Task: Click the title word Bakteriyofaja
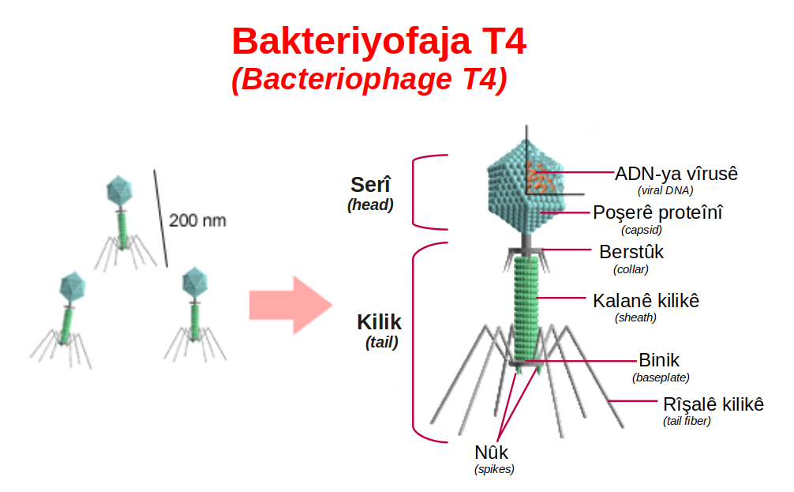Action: [x=352, y=43]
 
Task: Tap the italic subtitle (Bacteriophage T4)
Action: [x=369, y=79]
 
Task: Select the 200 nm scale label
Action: [x=197, y=220]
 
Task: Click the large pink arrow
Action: [x=290, y=305]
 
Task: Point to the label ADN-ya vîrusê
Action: [x=676, y=174]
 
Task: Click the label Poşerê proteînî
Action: [x=657, y=212]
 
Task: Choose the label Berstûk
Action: [x=631, y=252]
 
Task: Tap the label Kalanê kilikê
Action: [x=646, y=300]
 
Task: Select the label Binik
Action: [x=659, y=360]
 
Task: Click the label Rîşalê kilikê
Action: [x=713, y=404]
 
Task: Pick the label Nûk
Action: [x=491, y=452]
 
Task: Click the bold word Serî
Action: [x=371, y=185]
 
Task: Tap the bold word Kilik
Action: [x=379, y=322]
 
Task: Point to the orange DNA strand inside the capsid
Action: [x=537, y=178]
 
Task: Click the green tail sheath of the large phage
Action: [x=526, y=309]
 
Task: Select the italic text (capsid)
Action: [x=642, y=230]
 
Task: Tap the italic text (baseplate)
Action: [x=661, y=377]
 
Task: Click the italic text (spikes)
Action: [x=494, y=469]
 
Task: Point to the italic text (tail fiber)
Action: [x=687, y=421]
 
